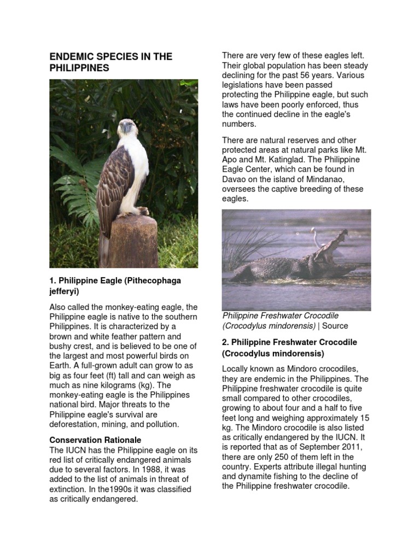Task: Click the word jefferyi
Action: [64, 291]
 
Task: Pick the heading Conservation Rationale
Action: [95, 440]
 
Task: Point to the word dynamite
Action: [249, 477]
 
